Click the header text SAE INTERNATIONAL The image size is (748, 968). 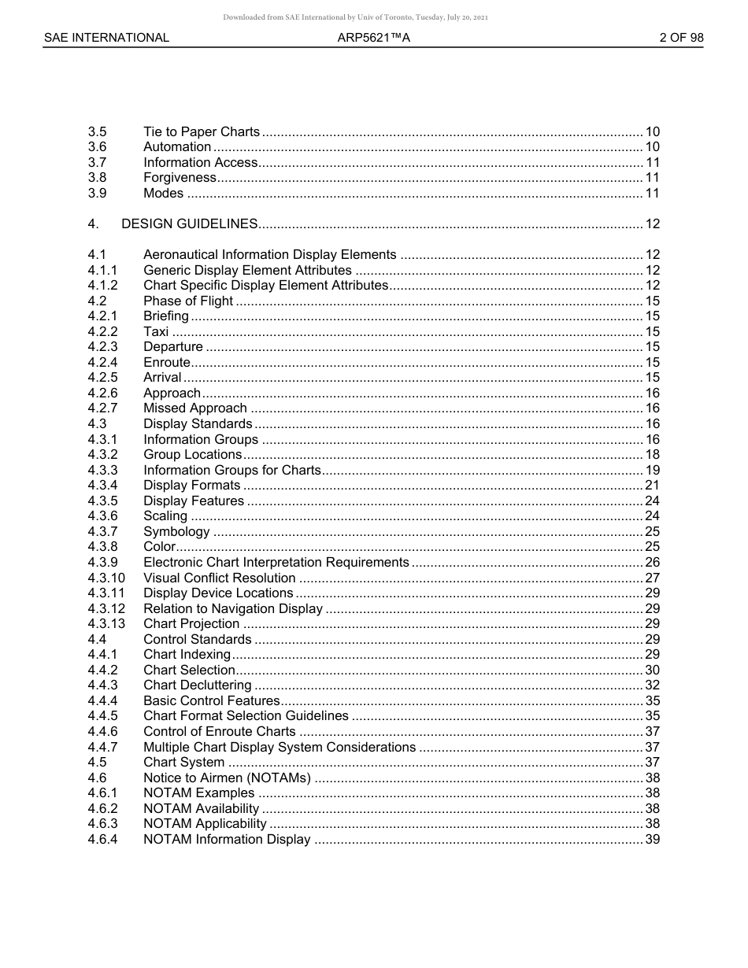[106, 38]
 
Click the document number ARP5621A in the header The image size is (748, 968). [373, 38]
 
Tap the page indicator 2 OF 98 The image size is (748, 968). [681, 38]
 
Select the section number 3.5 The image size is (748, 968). [98, 131]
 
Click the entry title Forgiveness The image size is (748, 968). [180, 178]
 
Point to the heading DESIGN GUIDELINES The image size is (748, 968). [189, 224]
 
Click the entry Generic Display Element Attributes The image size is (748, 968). [247, 271]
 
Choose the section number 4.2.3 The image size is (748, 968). [103, 347]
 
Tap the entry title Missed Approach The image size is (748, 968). [194, 408]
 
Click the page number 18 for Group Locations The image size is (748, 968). [652, 455]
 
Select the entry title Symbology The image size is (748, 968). [176, 532]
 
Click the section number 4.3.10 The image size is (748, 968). [106, 578]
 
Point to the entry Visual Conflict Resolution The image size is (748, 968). [219, 578]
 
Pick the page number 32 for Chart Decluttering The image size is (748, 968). [652, 685]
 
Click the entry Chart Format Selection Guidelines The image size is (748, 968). [246, 716]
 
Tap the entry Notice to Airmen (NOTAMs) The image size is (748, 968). [227, 778]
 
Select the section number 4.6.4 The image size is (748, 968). [103, 840]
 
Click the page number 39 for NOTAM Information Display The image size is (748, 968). [652, 840]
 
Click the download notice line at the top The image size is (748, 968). [355, 17]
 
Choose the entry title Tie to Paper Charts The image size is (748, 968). [202, 131]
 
